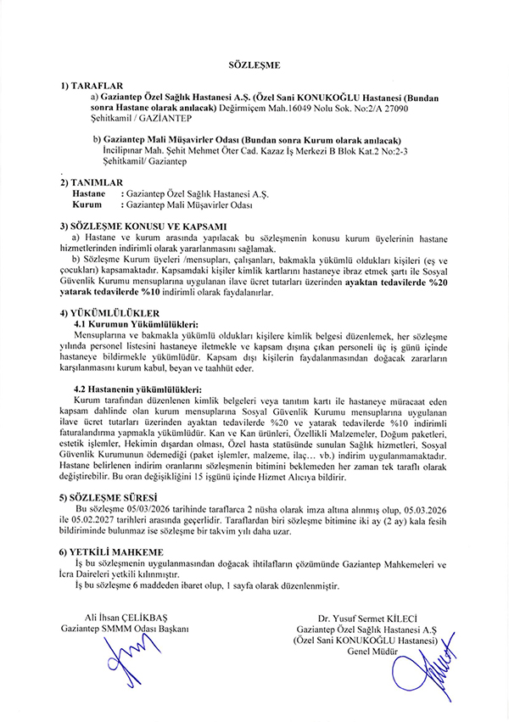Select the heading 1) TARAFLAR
(x=92, y=87)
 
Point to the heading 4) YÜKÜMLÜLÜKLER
(x=109, y=313)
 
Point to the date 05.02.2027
(x=97, y=522)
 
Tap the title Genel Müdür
(x=366, y=651)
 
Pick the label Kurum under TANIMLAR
(x=87, y=205)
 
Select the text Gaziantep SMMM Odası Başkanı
(x=124, y=629)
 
